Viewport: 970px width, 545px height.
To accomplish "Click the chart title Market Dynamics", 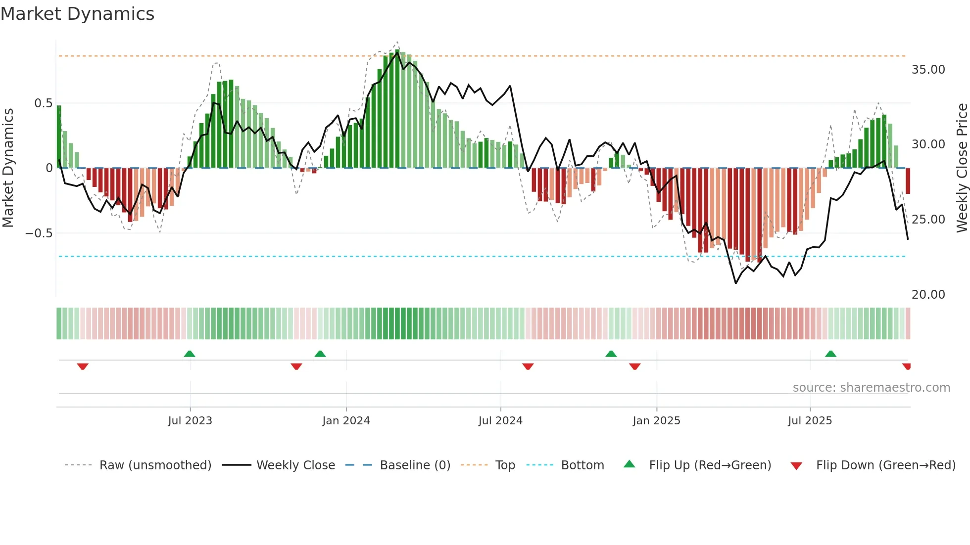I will tap(78, 14).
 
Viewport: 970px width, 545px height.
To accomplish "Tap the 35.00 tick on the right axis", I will tap(928, 70).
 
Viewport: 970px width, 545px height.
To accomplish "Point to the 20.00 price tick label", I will tap(928, 295).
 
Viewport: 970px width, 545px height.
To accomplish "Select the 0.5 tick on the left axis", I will tap(43, 103).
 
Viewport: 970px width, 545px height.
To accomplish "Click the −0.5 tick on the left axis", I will tap(39, 233).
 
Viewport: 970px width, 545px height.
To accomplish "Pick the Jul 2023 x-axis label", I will tap(190, 421).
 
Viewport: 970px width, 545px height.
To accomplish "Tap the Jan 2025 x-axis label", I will tap(656, 421).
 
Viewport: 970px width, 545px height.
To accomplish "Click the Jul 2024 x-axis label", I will tap(500, 421).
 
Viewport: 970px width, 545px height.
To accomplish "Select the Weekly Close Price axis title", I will tap(962, 168).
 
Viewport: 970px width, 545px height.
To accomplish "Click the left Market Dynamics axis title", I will tap(8, 168).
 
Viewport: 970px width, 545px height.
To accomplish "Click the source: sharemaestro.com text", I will tap(871, 388).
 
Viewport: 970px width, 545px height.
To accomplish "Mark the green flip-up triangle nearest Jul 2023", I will tap(190, 354).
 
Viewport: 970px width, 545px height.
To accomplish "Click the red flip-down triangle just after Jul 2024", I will tap(528, 366).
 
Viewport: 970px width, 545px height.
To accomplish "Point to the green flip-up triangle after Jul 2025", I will tap(830, 354).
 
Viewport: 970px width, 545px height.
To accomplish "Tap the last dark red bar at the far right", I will tap(908, 181).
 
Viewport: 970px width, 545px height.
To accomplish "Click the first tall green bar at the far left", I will tap(59, 137).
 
